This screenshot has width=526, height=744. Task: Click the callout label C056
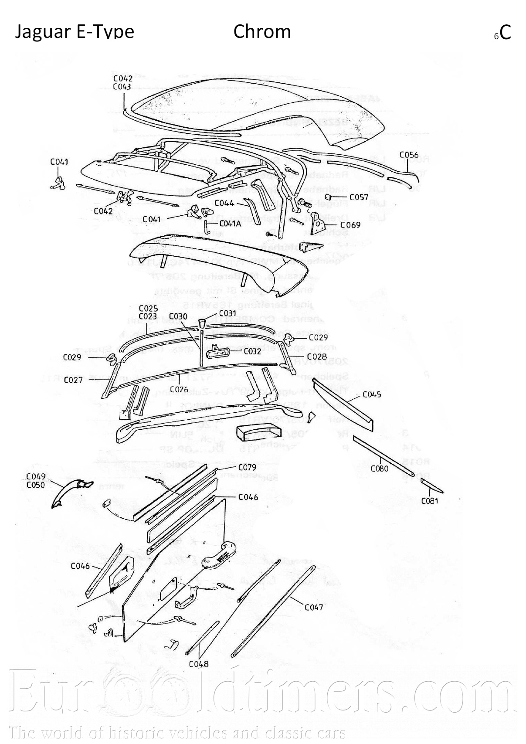[x=409, y=155]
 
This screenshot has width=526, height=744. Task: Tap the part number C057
[x=359, y=197]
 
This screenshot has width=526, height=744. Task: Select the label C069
[x=350, y=225]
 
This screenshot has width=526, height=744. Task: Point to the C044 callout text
[x=224, y=203]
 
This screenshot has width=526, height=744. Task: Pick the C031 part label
[x=227, y=313]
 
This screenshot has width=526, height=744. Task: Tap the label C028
[x=317, y=357]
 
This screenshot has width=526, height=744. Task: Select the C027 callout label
[x=73, y=380]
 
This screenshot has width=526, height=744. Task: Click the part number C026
[x=179, y=389]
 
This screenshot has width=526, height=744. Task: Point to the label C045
[x=372, y=394]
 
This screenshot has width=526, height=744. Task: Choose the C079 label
[x=248, y=467]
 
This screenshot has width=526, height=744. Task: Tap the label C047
[x=314, y=607]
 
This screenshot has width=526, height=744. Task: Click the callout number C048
[x=199, y=664]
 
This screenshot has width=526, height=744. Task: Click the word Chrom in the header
[x=262, y=31]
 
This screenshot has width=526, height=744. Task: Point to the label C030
[x=178, y=316]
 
